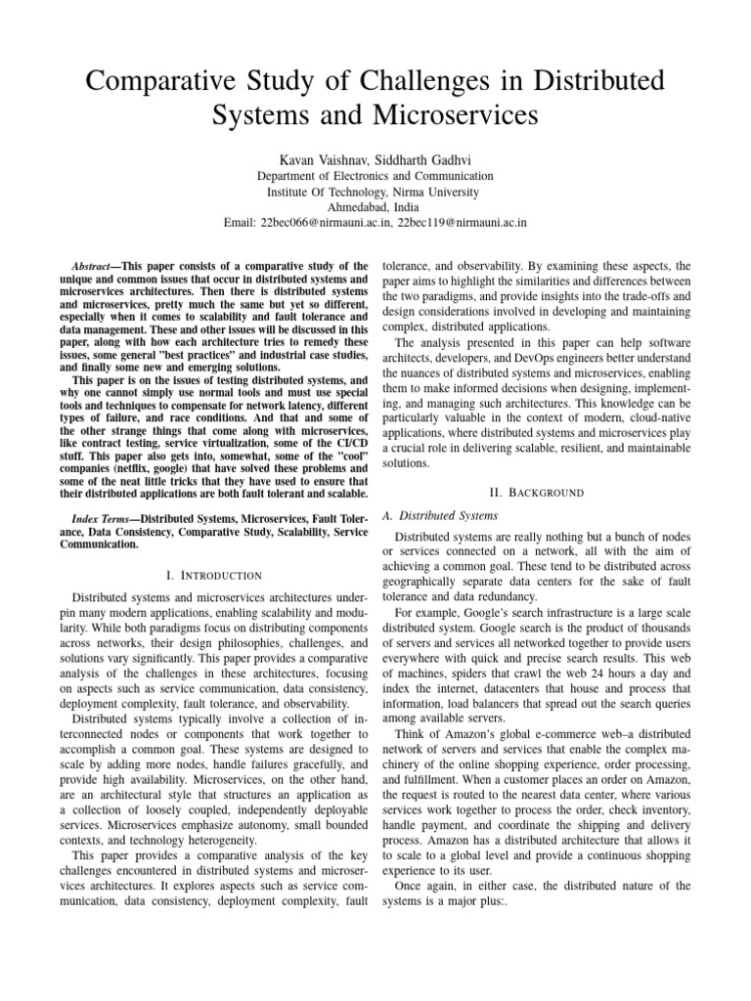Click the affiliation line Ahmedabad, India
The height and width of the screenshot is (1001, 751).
375,207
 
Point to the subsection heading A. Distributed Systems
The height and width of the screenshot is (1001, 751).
440,515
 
